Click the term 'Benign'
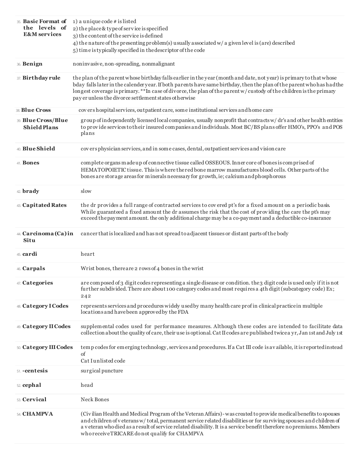tap(32, 64)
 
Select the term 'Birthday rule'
tap(41, 78)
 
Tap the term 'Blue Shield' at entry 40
tap(39, 149)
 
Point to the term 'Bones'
tap(31, 163)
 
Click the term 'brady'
tap(31, 191)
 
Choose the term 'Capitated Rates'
tap(44, 205)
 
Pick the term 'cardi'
tap(30, 254)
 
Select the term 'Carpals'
tap(34, 269)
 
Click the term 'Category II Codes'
tap(46, 327)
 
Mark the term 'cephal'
tap(31, 385)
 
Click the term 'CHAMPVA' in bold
tap(38, 414)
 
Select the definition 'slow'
tap(86, 191)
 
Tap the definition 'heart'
tap(88, 254)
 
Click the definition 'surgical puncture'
tap(102, 371)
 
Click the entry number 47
tap(19, 283)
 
